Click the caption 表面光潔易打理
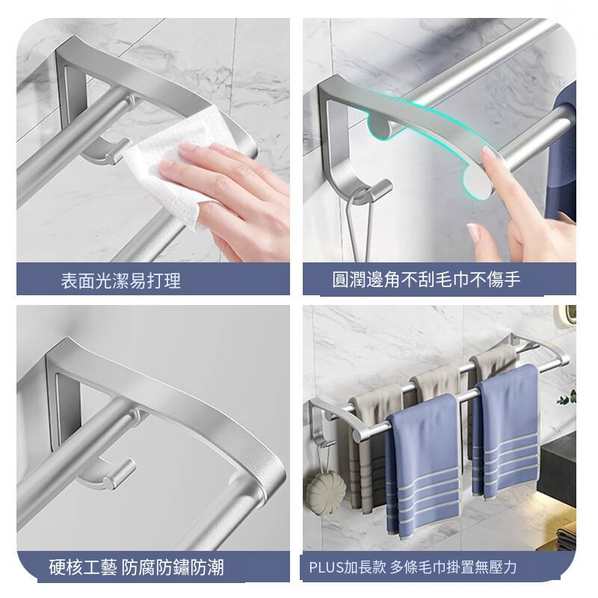(120, 281)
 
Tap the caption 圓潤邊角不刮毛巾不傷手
(426, 279)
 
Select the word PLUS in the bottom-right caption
(327, 567)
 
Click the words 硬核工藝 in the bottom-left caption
(83, 567)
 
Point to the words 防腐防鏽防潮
(173, 567)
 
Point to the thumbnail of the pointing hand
(473, 232)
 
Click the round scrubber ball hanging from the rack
(325, 492)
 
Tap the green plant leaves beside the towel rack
(567, 398)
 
